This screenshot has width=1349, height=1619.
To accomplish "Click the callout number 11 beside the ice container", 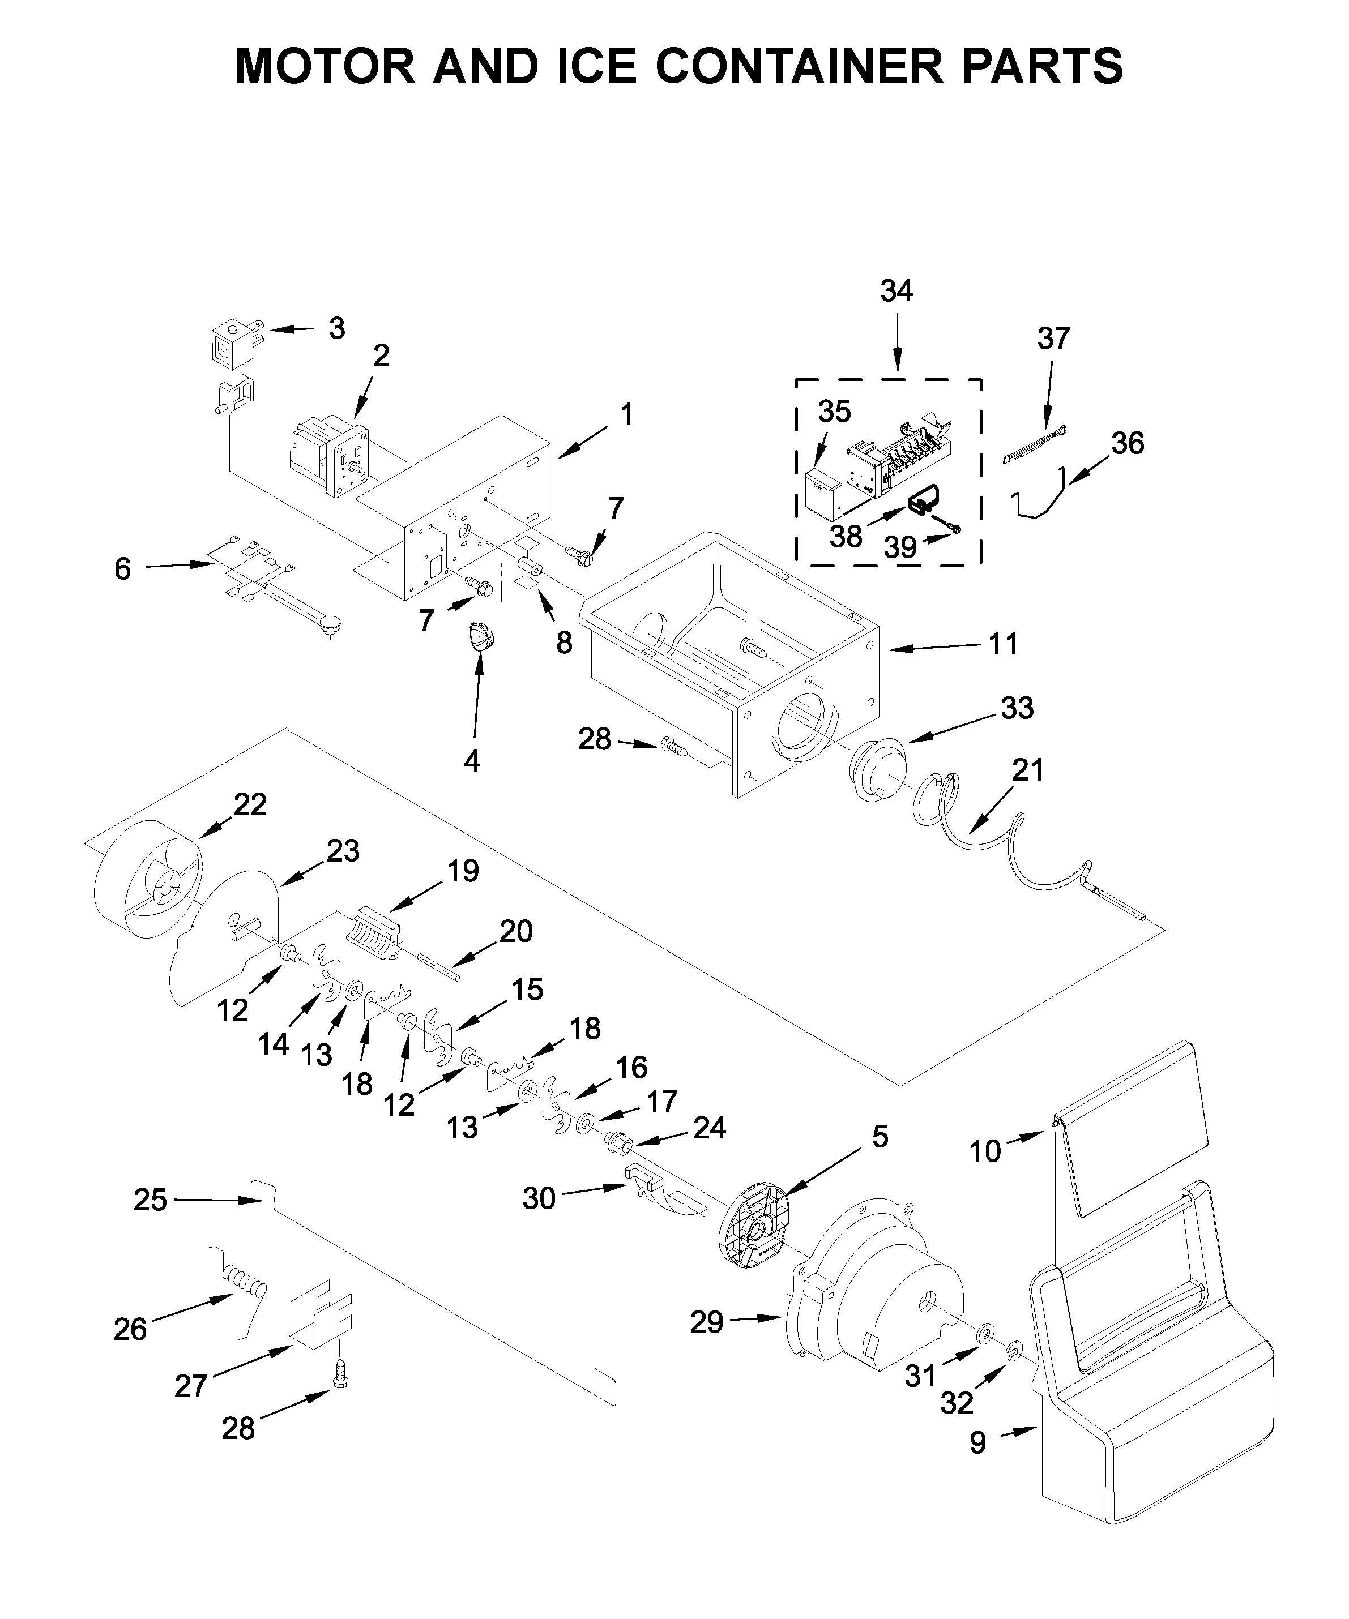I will point(1004,644).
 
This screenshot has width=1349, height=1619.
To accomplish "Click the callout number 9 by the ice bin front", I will point(978,1442).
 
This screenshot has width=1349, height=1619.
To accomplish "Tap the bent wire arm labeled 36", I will point(1041,501).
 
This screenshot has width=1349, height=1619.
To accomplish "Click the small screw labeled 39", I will point(955,528).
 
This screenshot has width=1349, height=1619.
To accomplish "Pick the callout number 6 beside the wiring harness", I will point(123,569).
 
